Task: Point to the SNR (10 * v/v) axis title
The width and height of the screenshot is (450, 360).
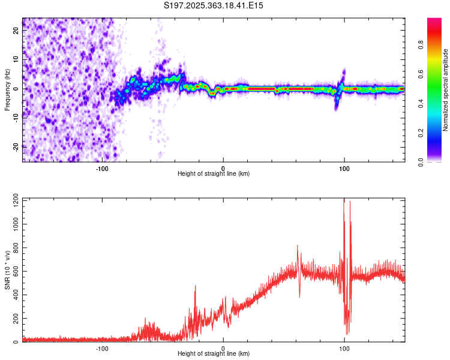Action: tap(7, 269)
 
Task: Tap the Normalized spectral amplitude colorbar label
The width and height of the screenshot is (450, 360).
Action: tap(446, 90)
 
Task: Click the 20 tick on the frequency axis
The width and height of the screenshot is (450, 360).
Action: tap(16, 32)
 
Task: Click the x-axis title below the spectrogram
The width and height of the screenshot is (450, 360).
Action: tap(214, 174)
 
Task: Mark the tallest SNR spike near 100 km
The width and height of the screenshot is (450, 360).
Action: tap(344, 200)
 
